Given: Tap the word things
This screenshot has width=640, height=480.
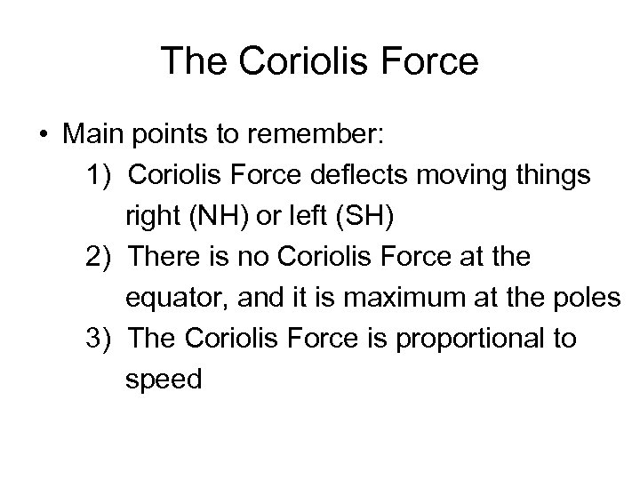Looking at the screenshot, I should [x=553, y=176].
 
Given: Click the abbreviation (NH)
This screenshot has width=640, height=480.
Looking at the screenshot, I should [x=205, y=217].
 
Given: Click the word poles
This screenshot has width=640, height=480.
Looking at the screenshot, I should [x=588, y=299].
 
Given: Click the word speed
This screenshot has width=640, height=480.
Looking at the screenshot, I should [x=164, y=380].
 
